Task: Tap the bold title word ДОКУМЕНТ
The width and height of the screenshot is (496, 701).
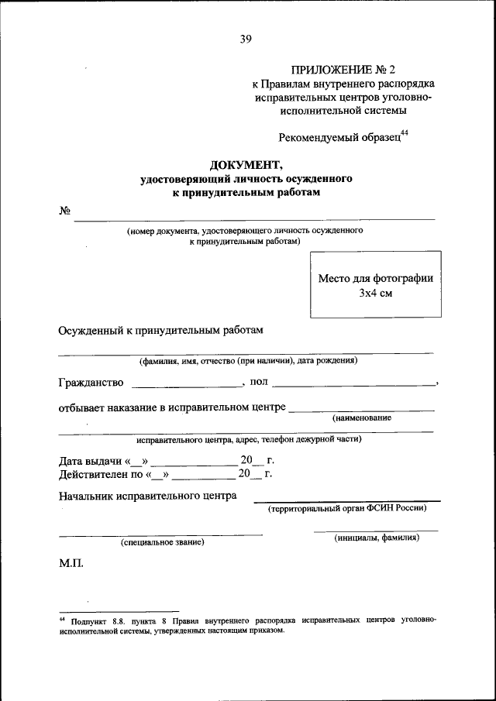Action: click(246, 164)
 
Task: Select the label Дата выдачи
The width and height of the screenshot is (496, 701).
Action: click(85, 461)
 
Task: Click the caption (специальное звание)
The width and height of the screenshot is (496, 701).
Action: click(161, 542)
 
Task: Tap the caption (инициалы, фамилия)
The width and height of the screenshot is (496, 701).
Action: click(377, 538)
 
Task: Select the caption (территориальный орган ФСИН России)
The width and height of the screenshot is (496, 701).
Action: click(346, 508)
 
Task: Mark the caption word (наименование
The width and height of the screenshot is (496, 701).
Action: click(362, 418)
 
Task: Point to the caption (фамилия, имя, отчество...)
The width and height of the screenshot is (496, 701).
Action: click(247, 360)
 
